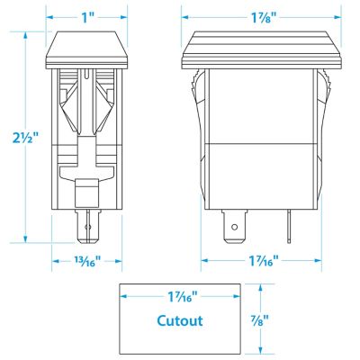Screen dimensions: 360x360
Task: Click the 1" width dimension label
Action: click(87, 17)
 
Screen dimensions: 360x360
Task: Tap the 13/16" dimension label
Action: click(86, 261)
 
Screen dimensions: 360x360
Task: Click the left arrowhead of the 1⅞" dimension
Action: click(185, 17)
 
